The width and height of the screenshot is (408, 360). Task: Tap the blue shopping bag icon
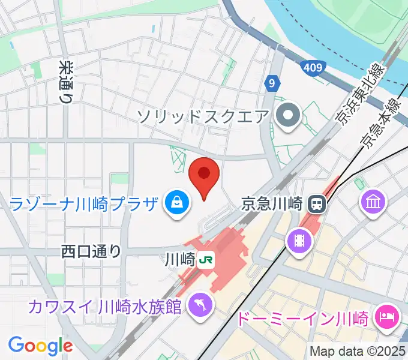coord(177,205)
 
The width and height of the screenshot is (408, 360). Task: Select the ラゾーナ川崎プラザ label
coord(85,205)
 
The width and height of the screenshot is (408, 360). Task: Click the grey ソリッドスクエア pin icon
coord(289,115)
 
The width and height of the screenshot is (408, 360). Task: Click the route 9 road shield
coord(272,83)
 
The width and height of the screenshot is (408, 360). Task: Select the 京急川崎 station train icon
coord(316,205)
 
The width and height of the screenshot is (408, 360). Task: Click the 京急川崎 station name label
coord(272,205)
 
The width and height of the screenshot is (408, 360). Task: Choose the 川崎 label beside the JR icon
coord(179,260)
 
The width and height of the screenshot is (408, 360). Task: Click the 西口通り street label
coord(91,251)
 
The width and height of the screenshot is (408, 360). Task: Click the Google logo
coord(40,346)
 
